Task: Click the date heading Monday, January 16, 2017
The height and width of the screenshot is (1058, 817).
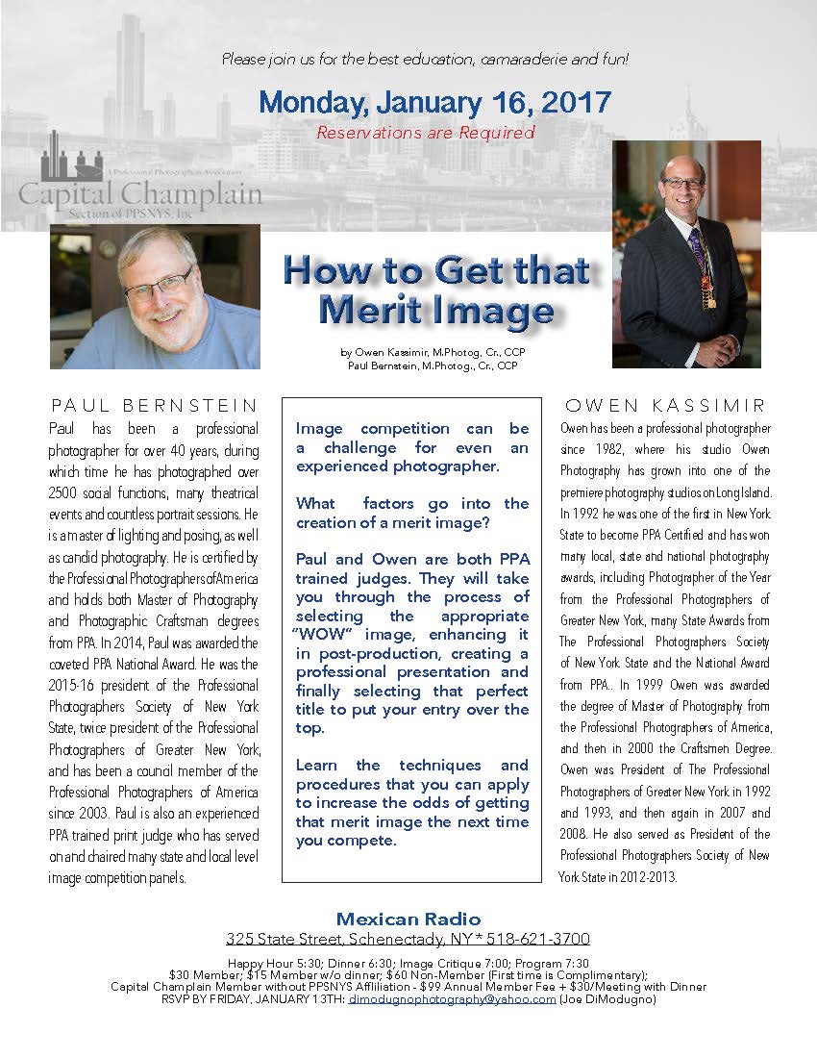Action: click(x=434, y=101)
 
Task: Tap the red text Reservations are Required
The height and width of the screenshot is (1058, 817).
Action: click(x=425, y=133)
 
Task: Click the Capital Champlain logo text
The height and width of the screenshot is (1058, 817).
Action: click(x=140, y=192)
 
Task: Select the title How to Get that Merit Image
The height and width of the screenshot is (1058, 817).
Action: click(x=435, y=290)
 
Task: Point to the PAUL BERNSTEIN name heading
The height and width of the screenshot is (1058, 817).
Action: click(x=155, y=406)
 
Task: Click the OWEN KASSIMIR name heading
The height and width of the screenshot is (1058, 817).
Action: click(x=665, y=406)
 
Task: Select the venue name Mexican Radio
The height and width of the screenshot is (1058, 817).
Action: click(x=408, y=919)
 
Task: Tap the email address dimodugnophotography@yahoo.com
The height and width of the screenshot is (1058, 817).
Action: click(x=452, y=998)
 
